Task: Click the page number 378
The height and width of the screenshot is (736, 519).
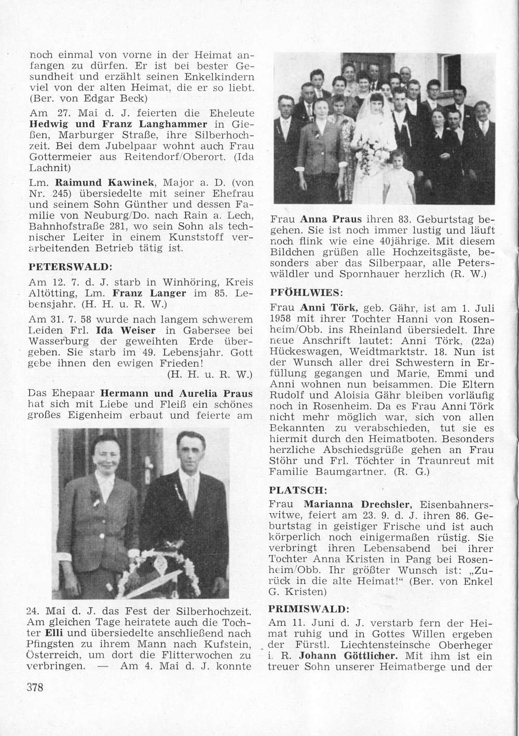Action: point(34,687)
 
